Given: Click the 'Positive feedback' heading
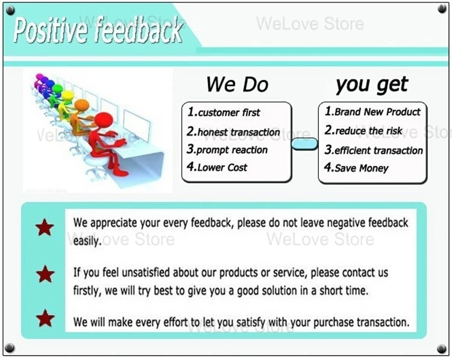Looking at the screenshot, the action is pos(98,29).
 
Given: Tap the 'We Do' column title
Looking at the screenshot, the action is pos(237,84).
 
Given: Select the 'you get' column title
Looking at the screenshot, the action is pos(372,85).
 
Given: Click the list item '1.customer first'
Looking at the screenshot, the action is pos(224,112).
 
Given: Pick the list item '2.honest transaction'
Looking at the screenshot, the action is pos(233,132).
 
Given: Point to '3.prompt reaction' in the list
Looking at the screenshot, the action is pos(227,149).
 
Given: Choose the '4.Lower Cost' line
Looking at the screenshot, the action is pos(217,167).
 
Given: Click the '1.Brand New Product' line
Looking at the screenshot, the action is pos(372,111).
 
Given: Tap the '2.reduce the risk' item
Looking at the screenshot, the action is pos(363,131).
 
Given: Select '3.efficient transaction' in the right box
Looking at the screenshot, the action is pos(374,150).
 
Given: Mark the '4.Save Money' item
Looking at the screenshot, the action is pos(356,167).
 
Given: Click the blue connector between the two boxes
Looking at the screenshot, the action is pos(305,144).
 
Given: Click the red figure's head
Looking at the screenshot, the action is pos(104,120).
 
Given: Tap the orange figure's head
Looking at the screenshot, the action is pos(82,105).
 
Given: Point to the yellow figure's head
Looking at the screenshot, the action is pos(67,95).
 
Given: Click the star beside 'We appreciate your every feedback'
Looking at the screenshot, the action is pos(45,228).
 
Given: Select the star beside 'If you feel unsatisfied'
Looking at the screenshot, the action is pos(45,274).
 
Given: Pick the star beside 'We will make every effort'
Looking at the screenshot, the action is pos(45,318).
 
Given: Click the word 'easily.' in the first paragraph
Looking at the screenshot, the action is pos(87,241).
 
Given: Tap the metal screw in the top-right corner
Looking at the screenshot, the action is pos(442,9).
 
